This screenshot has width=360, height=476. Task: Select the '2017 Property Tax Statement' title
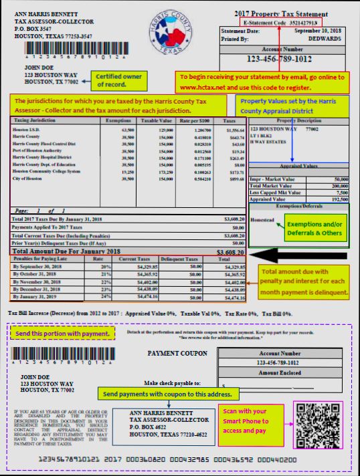[289, 13]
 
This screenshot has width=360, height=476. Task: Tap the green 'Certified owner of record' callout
[120, 80]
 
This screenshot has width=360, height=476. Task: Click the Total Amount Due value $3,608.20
[230, 252]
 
